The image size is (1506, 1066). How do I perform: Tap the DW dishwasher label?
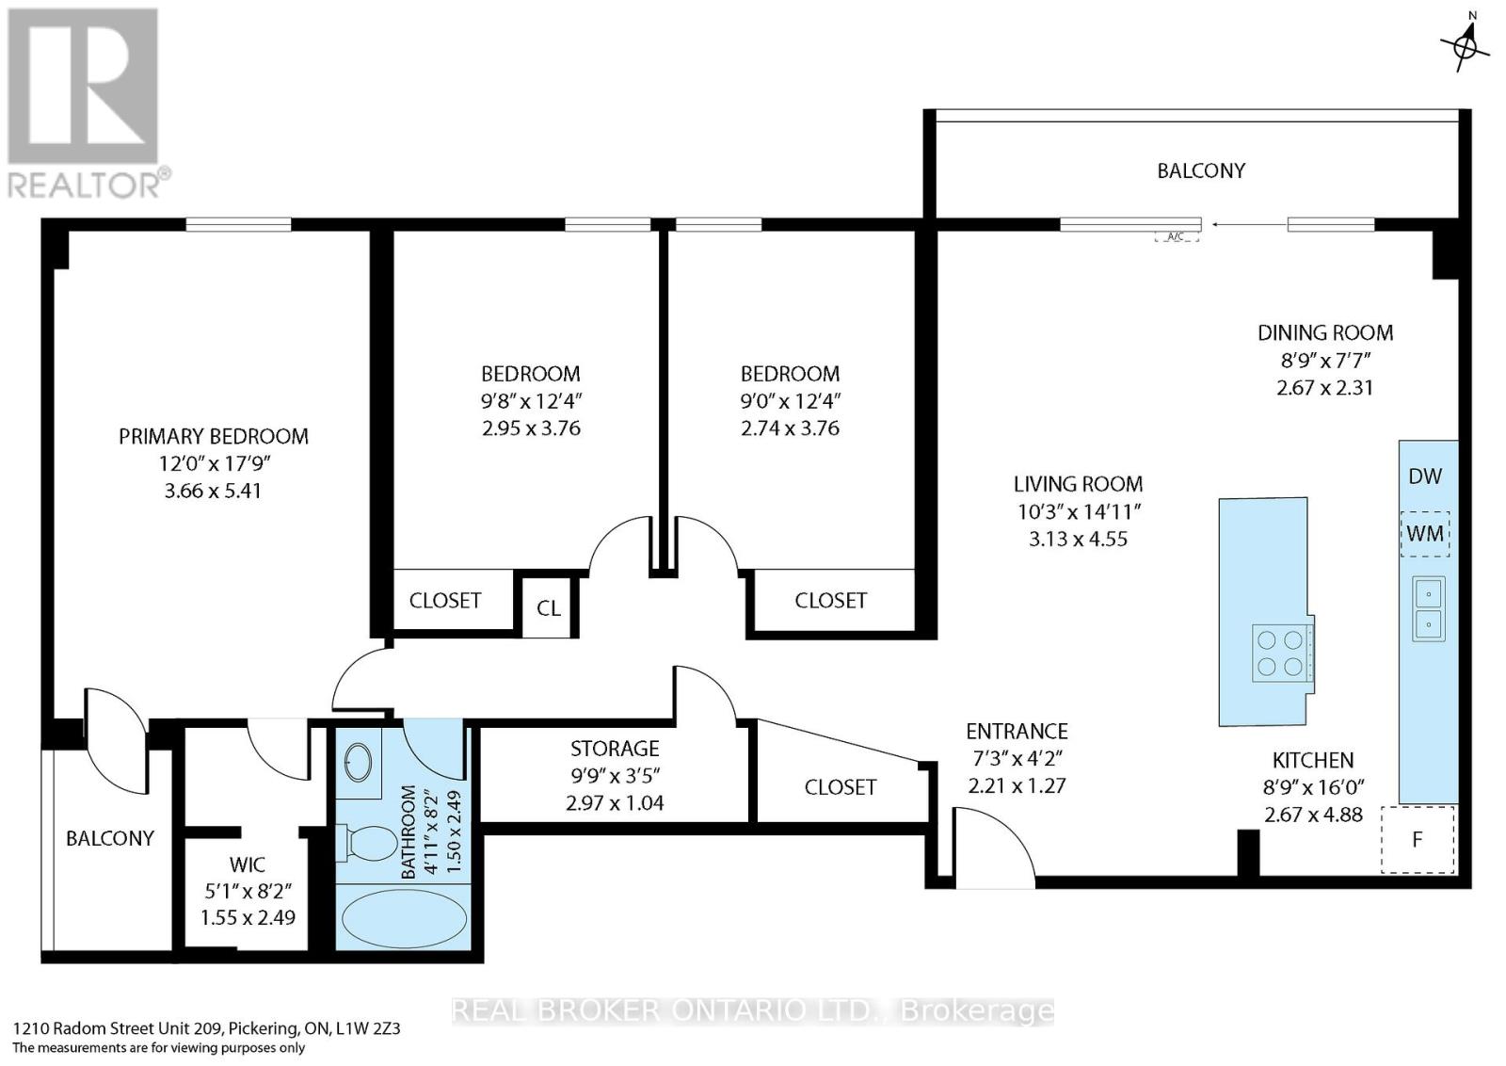coord(1425,476)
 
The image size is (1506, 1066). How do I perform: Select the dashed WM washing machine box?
coord(1425,533)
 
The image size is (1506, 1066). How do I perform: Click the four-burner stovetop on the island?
coord(1280,653)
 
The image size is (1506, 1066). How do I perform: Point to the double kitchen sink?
coord(1429,608)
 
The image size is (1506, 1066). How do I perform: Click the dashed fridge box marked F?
coord(1418,839)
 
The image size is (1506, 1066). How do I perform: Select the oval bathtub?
coord(404,919)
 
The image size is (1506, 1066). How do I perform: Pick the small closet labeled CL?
coord(549,607)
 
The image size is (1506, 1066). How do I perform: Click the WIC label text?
coord(247,864)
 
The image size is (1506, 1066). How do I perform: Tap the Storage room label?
coord(615,748)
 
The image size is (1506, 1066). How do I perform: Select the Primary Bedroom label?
coord(213,437)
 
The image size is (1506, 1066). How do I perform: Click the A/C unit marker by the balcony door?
coord(1177,236)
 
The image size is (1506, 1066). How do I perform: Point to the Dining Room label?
coord(1325,332)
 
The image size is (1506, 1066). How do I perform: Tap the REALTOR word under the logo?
coord(84,186)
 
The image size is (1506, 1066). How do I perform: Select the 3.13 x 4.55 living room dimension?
coord(1078,539)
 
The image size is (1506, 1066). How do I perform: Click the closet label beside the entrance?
coord(841,787)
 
